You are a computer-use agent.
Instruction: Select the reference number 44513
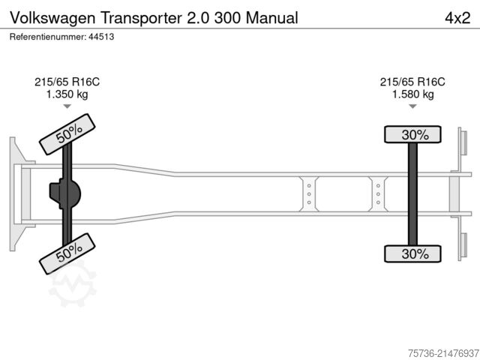[x=104, y=36]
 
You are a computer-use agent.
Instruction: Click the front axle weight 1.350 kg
[x=67, y=94]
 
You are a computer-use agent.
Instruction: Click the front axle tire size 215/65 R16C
[x=67, y=82]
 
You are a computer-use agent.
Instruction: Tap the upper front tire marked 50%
[x=69, y=133]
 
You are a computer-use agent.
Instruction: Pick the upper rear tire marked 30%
[x=412, y=135]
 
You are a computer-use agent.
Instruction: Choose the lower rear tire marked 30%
[x=412, y=254]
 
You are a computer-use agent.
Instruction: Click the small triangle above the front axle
[x=67, y=106]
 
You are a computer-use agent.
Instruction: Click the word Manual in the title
[x=275, y=17]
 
